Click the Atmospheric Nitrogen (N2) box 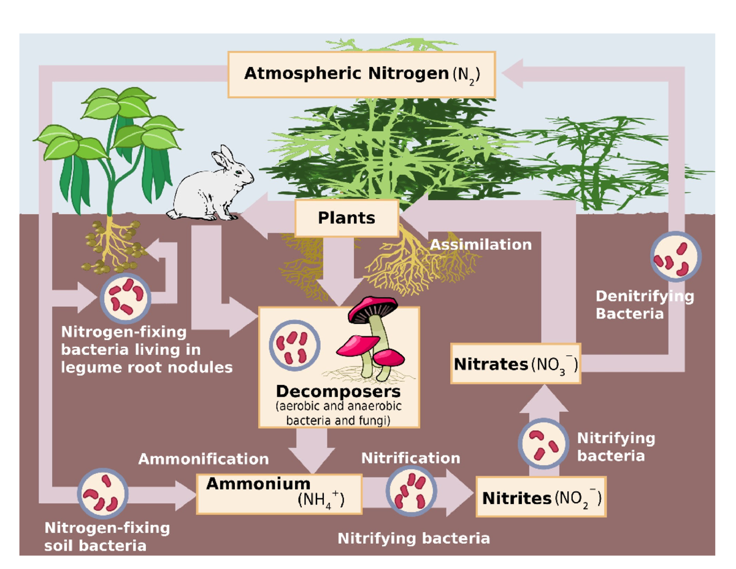361,74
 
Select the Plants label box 347,218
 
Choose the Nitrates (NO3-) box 515,364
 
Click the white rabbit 212,190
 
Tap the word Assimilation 480,245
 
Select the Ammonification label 203,459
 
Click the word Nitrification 410,458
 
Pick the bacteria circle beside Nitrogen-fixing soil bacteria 103,492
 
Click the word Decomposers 338,391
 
